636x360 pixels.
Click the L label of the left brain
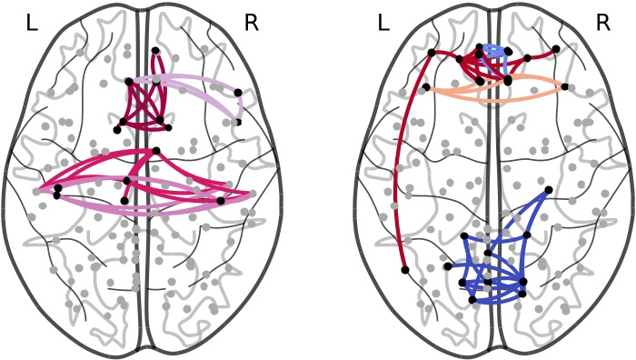click(x=32, y=24)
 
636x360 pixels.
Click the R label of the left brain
click(x=252, y=24)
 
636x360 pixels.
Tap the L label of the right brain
click(x=383, y=24)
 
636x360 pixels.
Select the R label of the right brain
click(x=602, y=24)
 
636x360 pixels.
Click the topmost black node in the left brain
click(x=156, y=51)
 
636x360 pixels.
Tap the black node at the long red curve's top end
click(x=431, y=52)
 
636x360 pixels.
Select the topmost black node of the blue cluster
click(x=548, y=190)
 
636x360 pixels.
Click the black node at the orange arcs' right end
click(x=564, y=87)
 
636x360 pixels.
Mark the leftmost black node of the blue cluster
click(x=449, y=266)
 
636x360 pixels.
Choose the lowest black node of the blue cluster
click(x=472, y=299)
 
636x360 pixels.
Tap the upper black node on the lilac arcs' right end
click(x=238, y=92)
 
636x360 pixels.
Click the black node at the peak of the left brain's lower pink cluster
click(x=156, y=150)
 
